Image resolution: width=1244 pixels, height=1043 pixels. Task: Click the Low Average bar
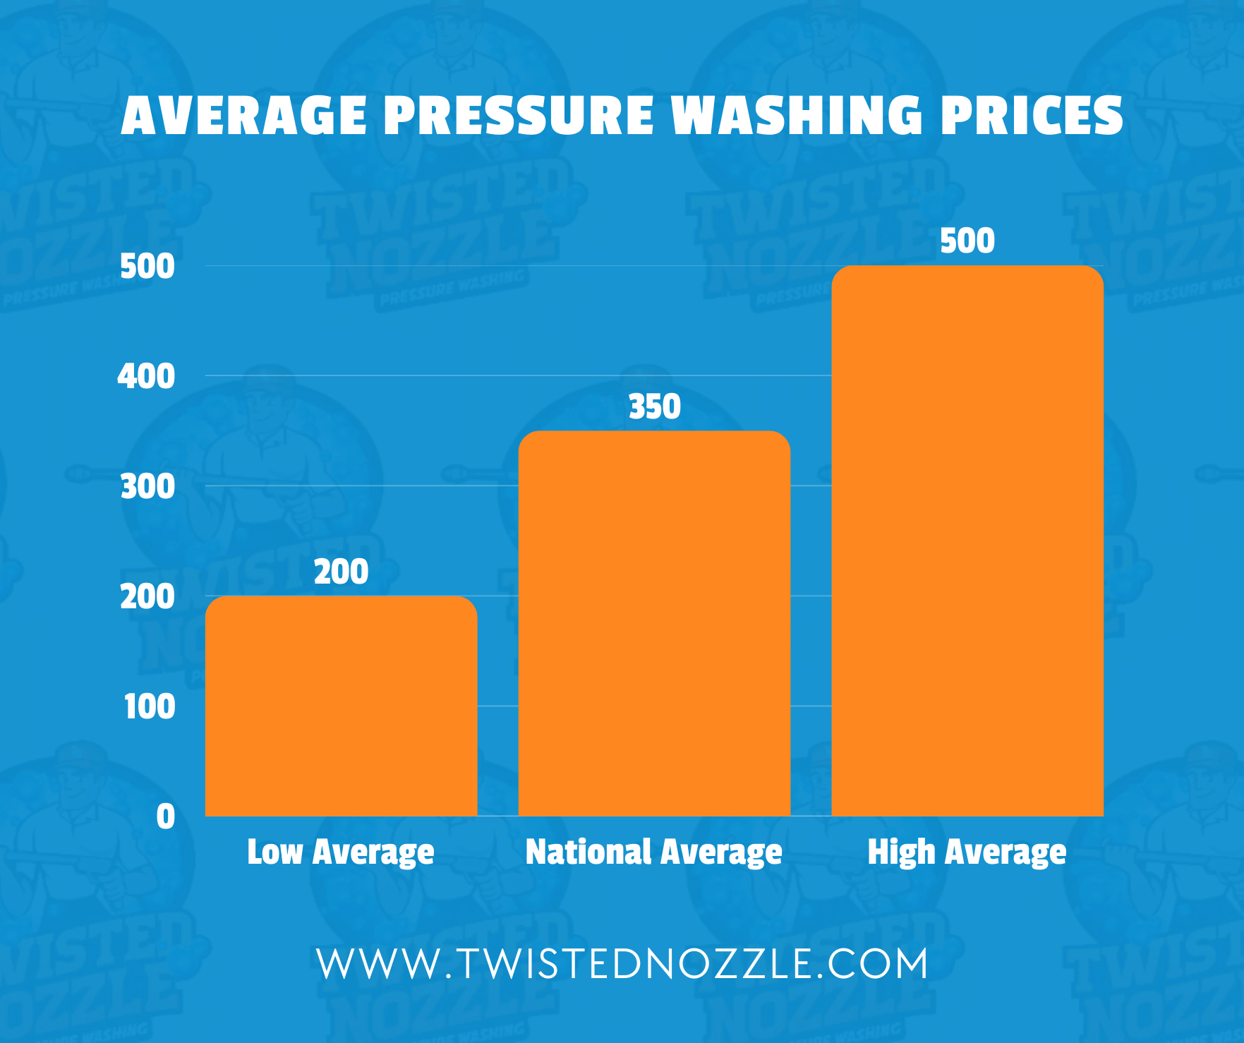341,706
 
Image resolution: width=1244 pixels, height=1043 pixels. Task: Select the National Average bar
654,624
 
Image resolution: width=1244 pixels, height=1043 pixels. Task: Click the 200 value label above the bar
341,572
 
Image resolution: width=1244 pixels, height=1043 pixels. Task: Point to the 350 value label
654,407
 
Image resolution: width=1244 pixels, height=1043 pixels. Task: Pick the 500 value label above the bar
967,241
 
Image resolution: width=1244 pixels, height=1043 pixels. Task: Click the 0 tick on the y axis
166,816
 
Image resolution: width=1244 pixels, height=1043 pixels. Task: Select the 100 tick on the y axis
150,706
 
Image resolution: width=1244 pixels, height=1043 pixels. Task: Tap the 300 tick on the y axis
147,486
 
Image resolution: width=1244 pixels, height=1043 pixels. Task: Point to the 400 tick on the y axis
146,376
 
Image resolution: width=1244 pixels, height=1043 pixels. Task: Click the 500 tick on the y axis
147,267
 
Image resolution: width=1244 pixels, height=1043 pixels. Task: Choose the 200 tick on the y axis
147,597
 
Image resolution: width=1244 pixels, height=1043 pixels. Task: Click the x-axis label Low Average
341,852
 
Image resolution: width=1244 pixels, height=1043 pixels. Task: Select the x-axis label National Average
654,852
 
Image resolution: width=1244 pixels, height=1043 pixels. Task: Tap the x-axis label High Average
967,852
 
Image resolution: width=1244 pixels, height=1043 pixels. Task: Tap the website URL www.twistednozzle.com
622,964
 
